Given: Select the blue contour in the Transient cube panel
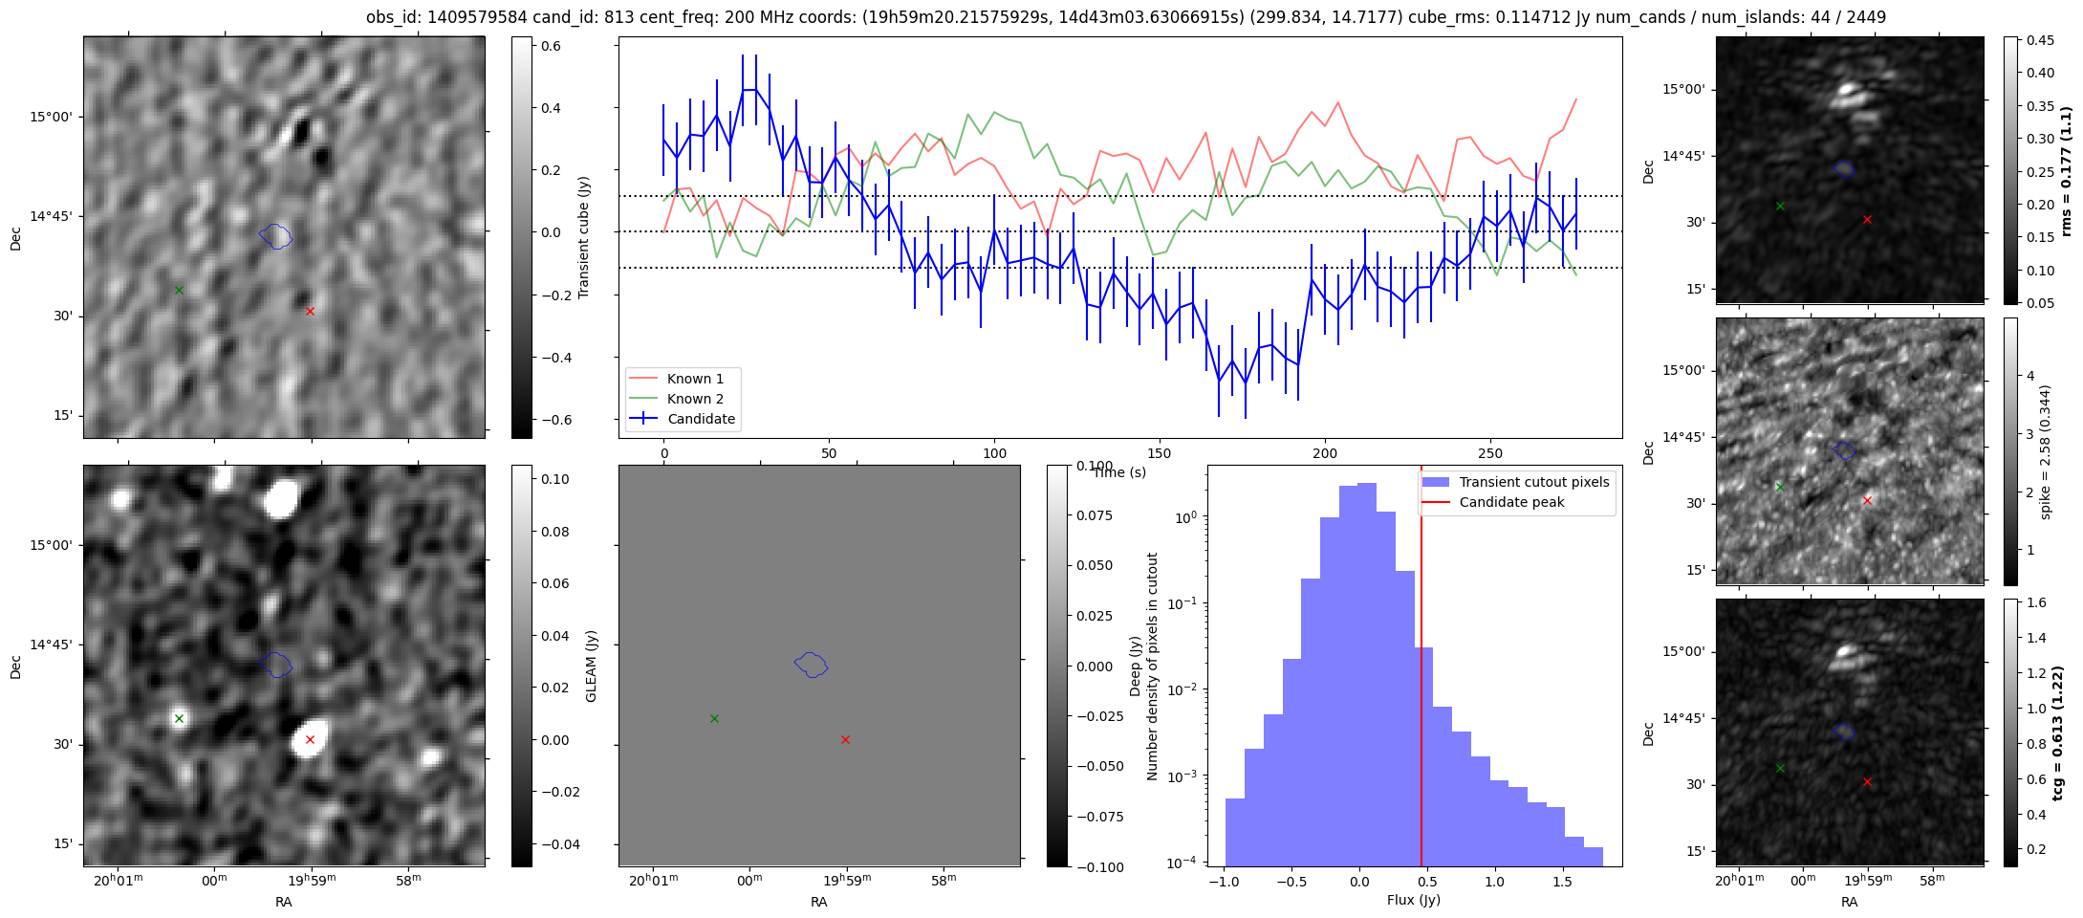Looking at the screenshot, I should [x=275, y=235].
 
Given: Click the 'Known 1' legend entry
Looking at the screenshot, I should [x=695, y=379].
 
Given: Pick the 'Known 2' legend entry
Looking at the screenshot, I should [x=695, y=399].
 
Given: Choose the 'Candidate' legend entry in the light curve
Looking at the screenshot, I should [x=701, y=419].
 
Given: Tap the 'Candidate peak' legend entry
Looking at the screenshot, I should [x=1511, y=502].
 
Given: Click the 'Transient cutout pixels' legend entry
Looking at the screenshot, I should [x=1533, y=482].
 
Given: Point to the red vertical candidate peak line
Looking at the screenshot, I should [x=1421, y=669].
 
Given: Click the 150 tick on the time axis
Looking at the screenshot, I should [x=1160, y=453].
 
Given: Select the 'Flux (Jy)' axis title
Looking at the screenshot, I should [x=1413, y=900].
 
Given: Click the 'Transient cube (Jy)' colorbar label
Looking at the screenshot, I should [x=584, y=237].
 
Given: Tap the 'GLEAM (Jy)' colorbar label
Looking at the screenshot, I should [x=592, y=666].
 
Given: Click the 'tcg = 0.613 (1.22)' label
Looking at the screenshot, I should [x=2058, y=732].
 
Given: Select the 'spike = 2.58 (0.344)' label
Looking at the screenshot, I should [x=2045, y=451].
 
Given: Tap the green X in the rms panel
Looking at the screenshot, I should [x=1780, y=206].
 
